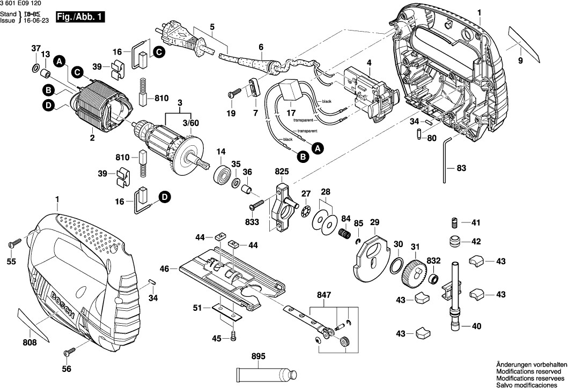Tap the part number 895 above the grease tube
pos(258,356)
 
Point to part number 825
pos(282,171)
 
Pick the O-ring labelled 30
pos(397,265)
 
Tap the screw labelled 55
pos(14,243)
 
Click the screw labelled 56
pos(68,353)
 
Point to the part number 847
pos(324,295)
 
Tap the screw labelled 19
pos(233,94)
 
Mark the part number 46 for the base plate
pos(165,267)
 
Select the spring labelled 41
pos(454,222)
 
